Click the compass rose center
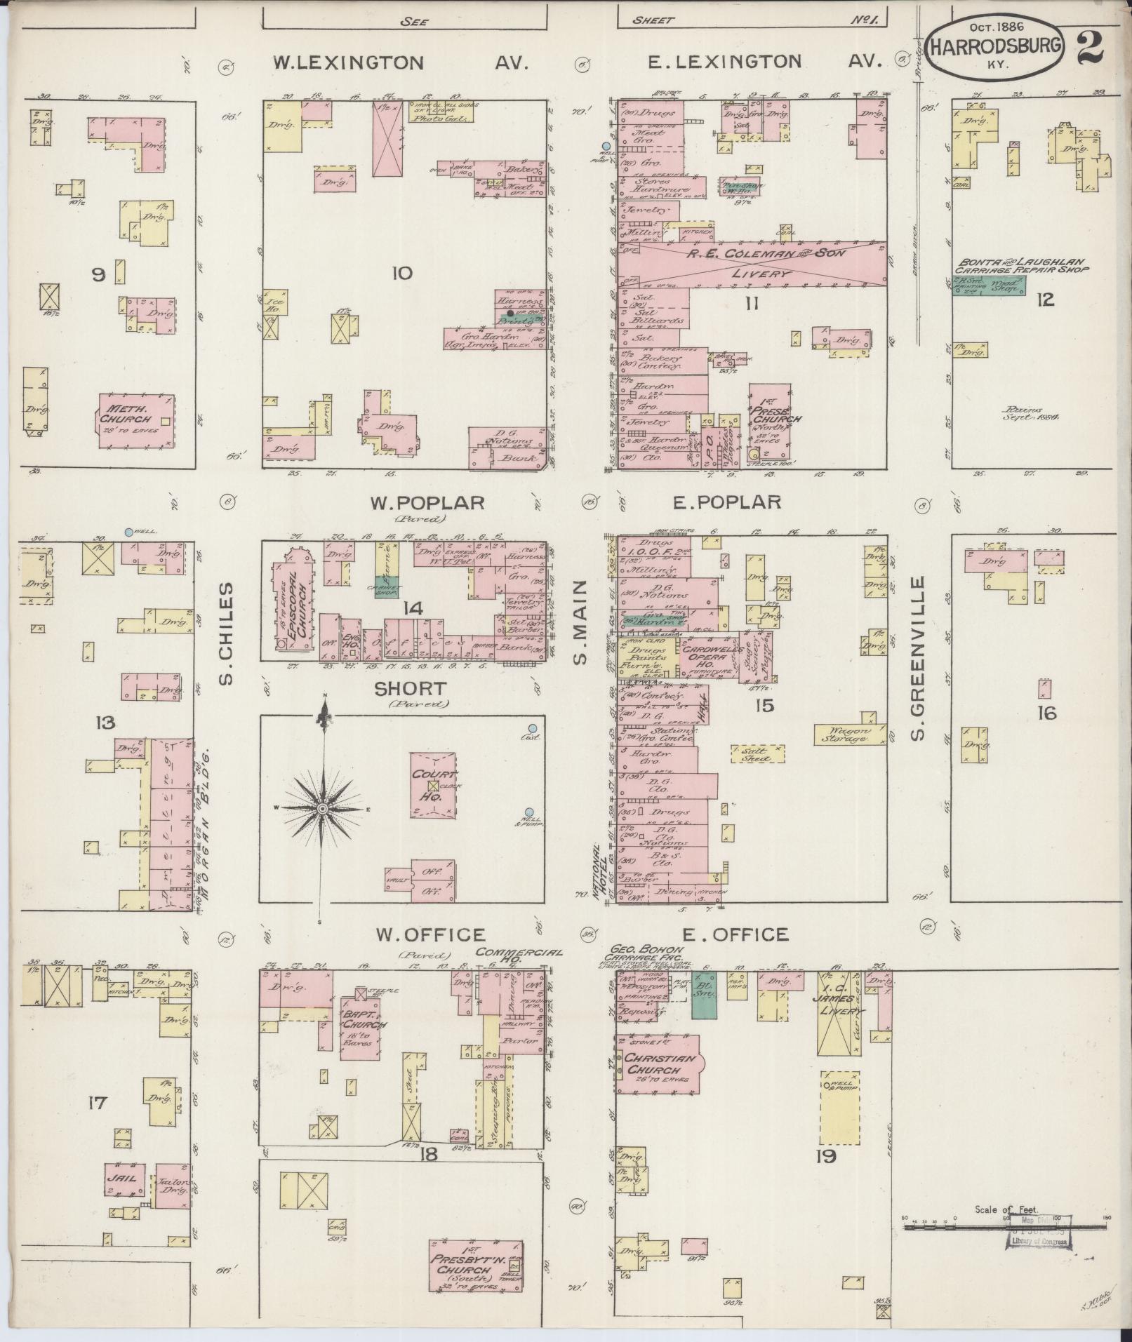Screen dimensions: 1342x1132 pyautogui.click(x=323, y=809)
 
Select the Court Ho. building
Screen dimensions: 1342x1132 pyautogui.click(x=432, y=785)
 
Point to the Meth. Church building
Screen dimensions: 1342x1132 pyautogui.click(x=136, y=420)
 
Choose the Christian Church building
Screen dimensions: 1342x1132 pyautogui.click(x=657, y=1081)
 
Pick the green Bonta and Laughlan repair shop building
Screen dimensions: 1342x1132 pyautogui.click(x=989, y=285)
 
